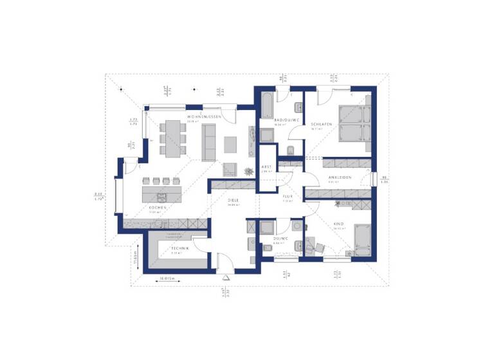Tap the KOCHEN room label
[x=158, y=208]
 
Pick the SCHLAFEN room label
[x=320, y=124]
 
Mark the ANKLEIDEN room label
[x=338, y=177]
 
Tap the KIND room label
[x=338, y=224]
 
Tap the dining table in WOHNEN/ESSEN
[x=172, y=137]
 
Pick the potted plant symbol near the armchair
[x=248, y=170]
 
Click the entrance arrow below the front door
[x=226, y=277]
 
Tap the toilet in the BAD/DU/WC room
[x=291, y=151]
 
